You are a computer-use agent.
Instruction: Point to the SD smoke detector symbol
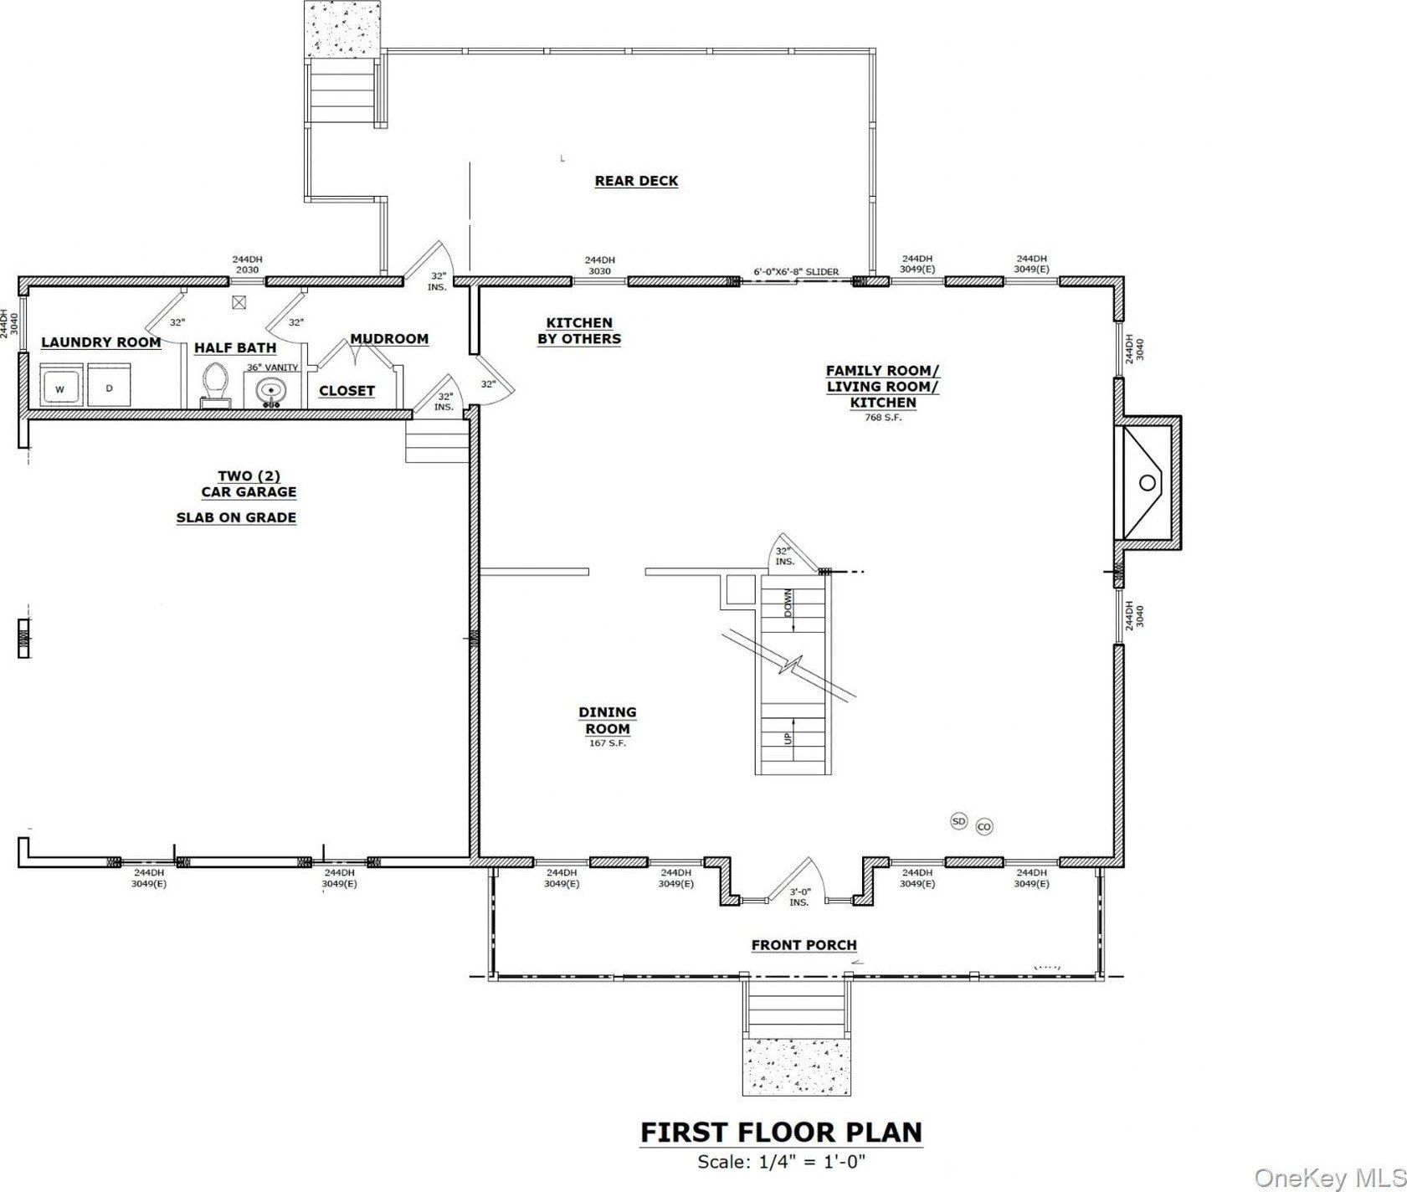coord(959,821)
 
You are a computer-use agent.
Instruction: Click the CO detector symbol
coord(983,827)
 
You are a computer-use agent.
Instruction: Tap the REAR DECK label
coord(636,181)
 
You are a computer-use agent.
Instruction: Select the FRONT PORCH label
coord(804,945)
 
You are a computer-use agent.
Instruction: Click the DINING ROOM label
coord(608,720)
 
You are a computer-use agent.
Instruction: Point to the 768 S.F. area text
coord(883,418)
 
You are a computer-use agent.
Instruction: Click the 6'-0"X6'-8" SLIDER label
coord(796,272)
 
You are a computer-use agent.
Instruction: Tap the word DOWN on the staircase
coord(788,603)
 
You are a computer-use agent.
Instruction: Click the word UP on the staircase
coord(788,738)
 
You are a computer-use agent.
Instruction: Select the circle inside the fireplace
coord(1148,482)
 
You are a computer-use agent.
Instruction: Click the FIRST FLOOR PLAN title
coord(781,1132)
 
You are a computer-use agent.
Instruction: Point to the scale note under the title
coord(781,1161)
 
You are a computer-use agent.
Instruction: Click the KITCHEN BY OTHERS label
coord(579,331)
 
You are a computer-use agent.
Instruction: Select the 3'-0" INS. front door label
coord(799,897)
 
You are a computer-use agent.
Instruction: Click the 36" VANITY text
coord(272,367)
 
